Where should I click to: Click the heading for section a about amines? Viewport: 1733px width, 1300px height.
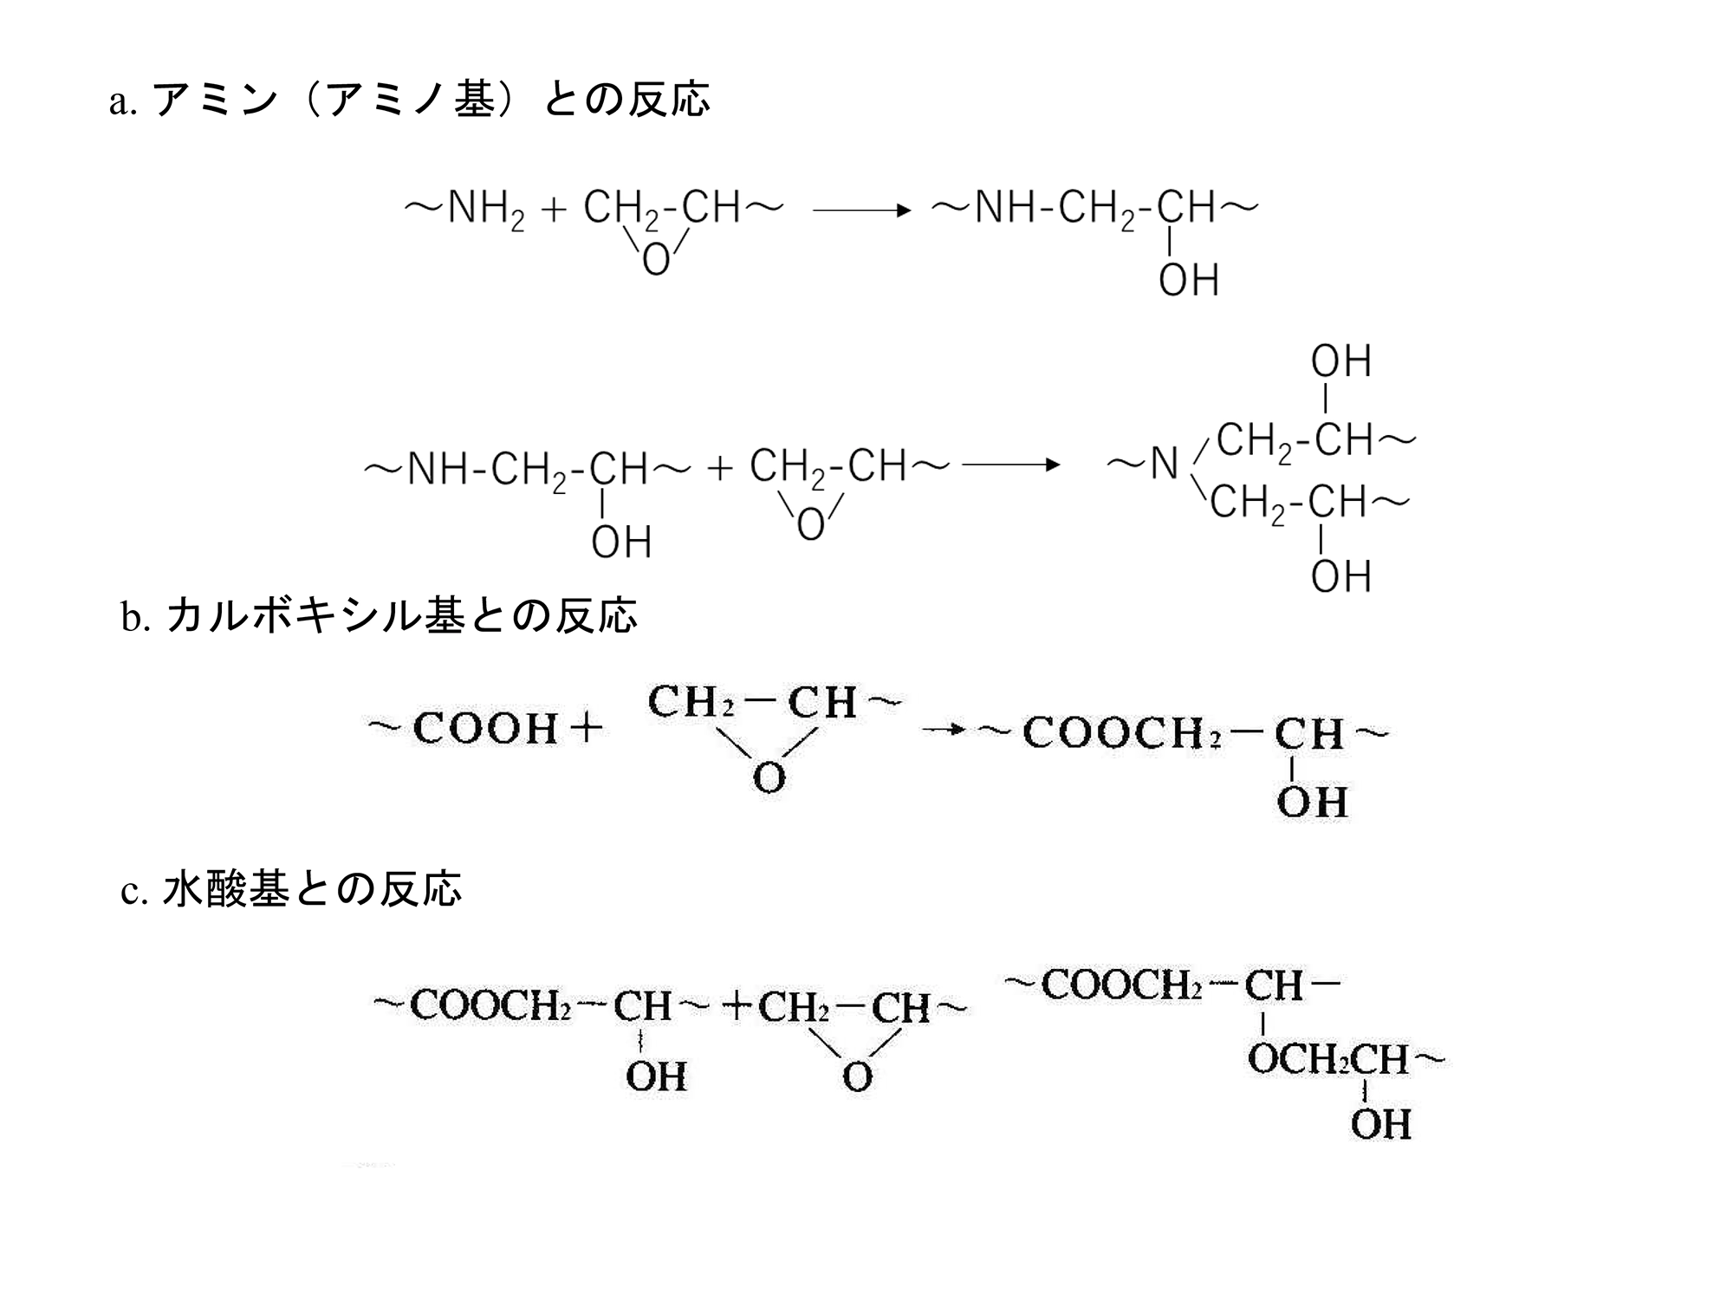coord(409,100)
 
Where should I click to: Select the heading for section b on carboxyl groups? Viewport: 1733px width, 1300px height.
coord(380,615)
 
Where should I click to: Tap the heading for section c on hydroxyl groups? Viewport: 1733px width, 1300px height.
coord(291,889)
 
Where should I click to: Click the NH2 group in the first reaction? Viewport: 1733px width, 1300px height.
coord(486,209)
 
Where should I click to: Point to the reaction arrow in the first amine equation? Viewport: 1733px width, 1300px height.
coord(862,210)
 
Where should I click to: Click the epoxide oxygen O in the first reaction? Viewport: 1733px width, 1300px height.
coord(656,258)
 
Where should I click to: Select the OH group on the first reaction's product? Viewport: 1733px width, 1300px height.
coord(1189,280)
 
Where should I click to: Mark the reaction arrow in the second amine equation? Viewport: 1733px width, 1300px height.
coord(1011,465)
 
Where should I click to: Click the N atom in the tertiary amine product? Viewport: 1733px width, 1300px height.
coord(1165,464)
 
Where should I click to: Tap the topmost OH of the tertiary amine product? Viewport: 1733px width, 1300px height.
coord(1340,361)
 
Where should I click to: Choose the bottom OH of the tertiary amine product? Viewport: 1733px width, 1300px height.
coord(1340,576)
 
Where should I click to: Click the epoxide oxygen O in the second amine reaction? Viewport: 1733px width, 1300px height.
coord(810,524)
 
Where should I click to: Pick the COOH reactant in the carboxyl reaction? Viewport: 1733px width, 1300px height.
coord(485,728)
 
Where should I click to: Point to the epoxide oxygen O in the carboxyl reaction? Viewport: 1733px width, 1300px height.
coord(769,777)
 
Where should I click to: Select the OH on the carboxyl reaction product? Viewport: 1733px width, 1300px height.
coord(1312,802)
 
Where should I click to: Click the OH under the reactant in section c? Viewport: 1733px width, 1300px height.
coord(656,1076)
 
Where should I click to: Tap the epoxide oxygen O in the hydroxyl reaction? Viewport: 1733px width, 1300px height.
coord(857,1077)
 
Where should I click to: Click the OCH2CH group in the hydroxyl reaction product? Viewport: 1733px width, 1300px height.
coord(1327,1059)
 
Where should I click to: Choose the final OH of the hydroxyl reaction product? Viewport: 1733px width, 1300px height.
coord(1380,1124)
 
